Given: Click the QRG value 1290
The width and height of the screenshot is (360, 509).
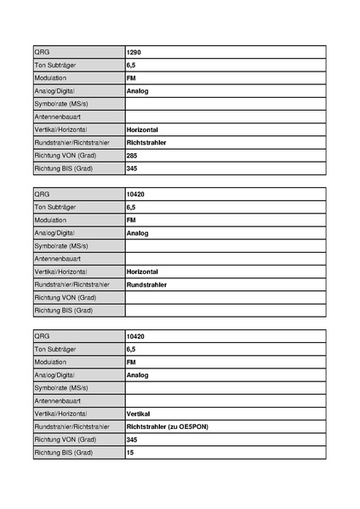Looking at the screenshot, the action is coord(134,52).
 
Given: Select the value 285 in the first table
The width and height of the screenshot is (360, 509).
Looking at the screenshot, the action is coord(132,156).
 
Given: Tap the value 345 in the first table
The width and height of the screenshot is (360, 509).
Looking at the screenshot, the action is coord(132,169).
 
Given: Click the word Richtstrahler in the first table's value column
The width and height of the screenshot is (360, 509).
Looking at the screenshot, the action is coord(146,142).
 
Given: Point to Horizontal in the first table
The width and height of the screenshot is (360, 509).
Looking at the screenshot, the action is coord(142,129).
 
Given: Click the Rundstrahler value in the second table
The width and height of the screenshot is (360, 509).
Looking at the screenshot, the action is coord(146,284).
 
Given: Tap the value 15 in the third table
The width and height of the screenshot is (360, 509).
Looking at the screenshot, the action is coord(130,452).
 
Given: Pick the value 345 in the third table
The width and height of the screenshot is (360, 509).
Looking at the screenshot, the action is coord(132,439).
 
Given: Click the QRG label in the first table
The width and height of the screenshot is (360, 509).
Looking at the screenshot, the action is coord(43,52).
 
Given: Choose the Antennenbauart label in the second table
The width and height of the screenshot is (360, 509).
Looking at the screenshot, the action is coord(58,259).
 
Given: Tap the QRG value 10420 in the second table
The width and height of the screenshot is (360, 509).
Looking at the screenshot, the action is coord(135,194).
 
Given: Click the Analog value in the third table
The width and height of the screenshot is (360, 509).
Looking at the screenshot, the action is coord(137,375).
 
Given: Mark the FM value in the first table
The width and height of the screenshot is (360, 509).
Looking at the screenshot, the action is coord(131,77).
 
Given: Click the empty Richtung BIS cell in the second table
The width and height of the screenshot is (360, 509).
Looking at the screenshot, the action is coord(225,311).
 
